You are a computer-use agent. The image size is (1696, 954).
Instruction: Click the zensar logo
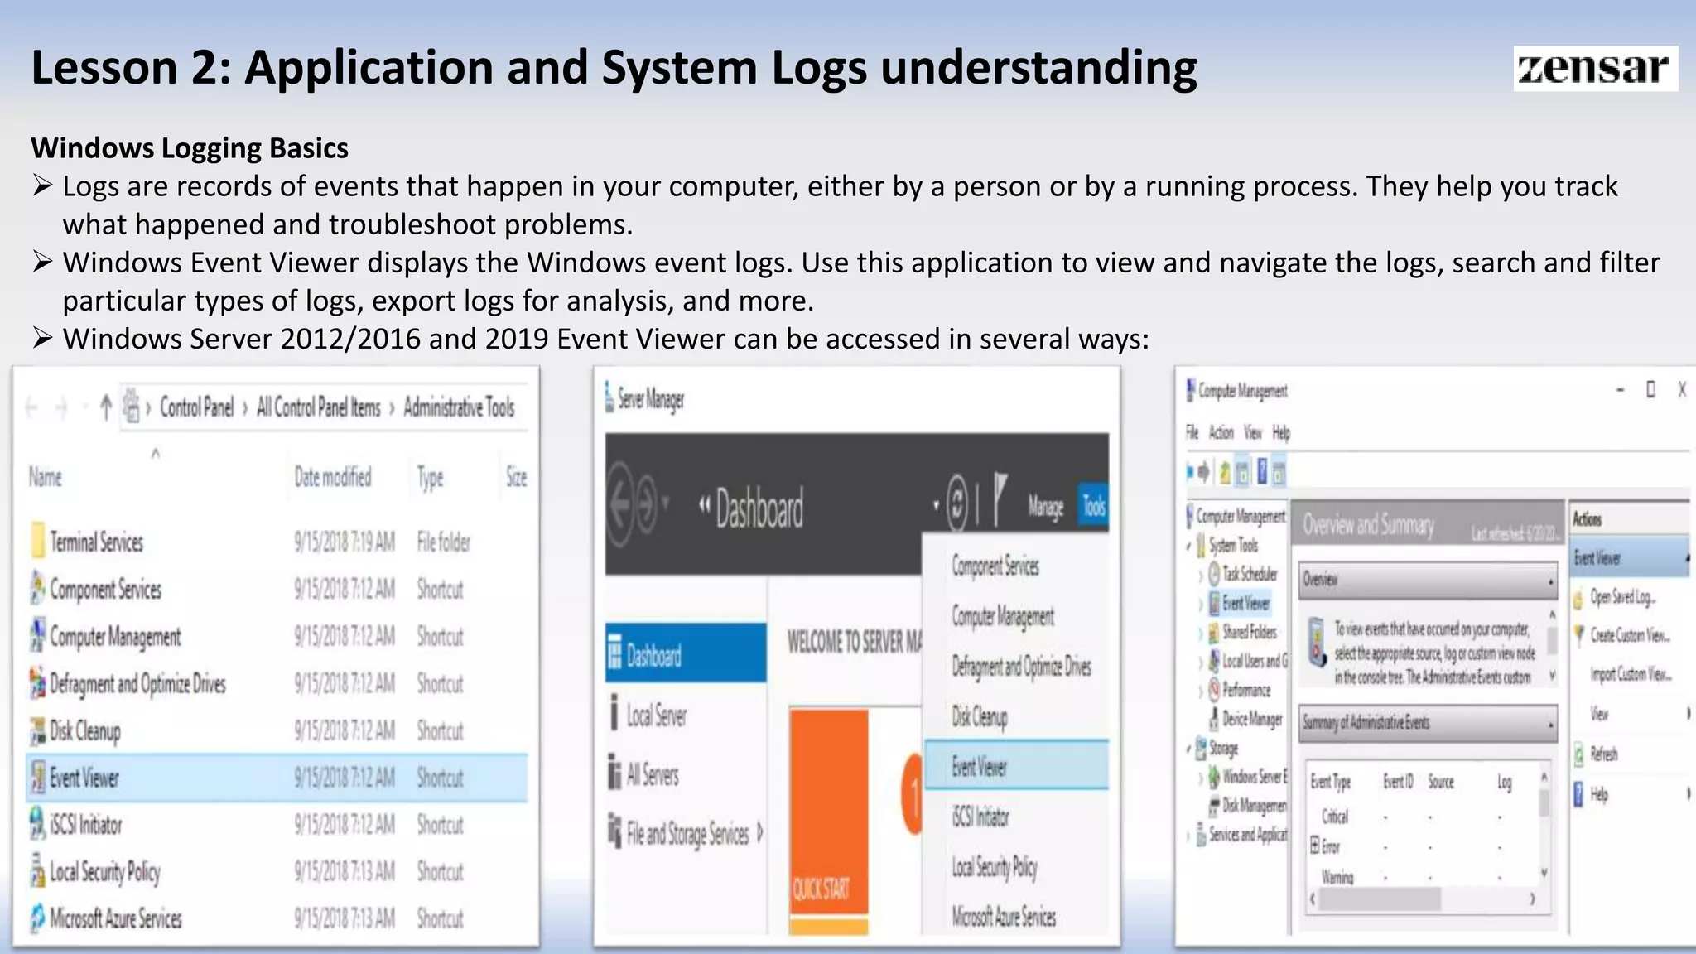(x=1594, y=68)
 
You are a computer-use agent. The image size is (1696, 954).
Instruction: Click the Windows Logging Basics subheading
(x=190, y=148)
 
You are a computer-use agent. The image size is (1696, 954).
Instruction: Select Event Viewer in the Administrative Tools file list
(x=84, y=778)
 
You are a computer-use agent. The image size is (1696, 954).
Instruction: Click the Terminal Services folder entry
(x=96, y=542)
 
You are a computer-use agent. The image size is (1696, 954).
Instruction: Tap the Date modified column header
(x=333, y=477)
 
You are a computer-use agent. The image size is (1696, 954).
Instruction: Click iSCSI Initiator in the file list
(x=85, y=825)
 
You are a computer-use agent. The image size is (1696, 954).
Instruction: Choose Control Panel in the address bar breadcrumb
(x=196, y=407)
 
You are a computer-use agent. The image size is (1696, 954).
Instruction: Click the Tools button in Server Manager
(x=1094, y=506)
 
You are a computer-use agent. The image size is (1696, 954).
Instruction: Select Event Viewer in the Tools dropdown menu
(x=980, y=767)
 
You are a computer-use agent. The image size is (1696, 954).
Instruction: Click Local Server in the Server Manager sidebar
(x=656, y=715)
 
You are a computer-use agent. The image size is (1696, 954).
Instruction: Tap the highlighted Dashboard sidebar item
(x=654, y=656)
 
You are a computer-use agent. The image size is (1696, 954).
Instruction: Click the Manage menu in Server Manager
(x=1045, y=506)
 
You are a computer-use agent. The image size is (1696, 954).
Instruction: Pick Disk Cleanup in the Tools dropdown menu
(x=980, y=716)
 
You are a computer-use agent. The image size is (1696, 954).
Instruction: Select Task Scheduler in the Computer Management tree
(x=1250, y=574)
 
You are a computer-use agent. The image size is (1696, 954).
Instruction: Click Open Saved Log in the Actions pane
(x=1621, y=597)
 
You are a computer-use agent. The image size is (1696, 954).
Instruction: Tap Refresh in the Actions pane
(x=1604, y=754)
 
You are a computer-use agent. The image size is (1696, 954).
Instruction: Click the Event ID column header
(x=1398, y=781)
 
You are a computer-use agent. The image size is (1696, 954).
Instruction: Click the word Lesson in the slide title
(x=104, y=67)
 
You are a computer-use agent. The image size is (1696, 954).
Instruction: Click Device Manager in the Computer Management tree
(x=1252, y=719)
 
